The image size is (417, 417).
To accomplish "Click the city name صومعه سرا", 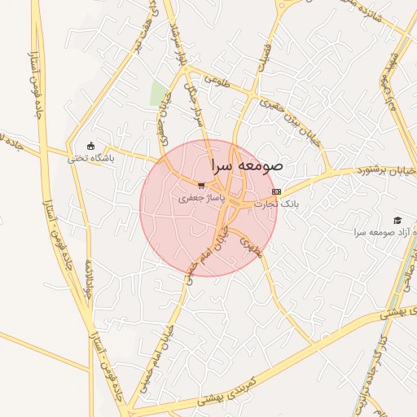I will tap(246, 164).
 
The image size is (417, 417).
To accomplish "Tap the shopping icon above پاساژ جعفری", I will tap(200, 185).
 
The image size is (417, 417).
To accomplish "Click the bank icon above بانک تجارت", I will tap(276, 191).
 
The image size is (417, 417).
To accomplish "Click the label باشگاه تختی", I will tap(90, 158).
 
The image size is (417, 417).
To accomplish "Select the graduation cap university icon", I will tap(397, 220).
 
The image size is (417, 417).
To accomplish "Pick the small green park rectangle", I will tap(159, 93).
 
